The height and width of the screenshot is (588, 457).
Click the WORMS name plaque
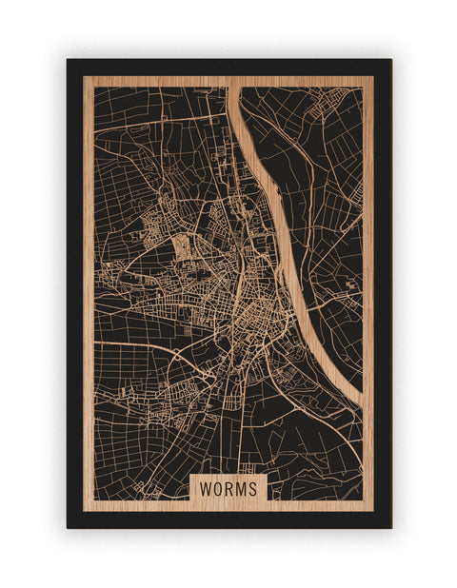[x=228, y=486]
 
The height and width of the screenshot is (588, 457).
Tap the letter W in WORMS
[x=206, y=487]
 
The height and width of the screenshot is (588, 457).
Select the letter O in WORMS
[x=218, y=487]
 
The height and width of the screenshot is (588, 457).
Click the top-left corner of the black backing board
[x=68, y=60]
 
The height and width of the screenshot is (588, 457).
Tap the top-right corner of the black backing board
[x=390, y=60]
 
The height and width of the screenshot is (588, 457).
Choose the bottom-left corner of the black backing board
[x=68, y=527]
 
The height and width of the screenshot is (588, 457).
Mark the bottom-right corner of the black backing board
[x=390, y=527]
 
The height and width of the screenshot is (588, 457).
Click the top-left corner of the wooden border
[x=84, y=77]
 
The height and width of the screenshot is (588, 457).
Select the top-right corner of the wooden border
[x=373, y=77]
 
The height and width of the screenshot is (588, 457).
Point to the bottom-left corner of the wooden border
[x=84, y=510]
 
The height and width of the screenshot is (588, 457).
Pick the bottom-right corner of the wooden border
[x=373, y=510]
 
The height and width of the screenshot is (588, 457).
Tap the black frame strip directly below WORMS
[x=228, y=519]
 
